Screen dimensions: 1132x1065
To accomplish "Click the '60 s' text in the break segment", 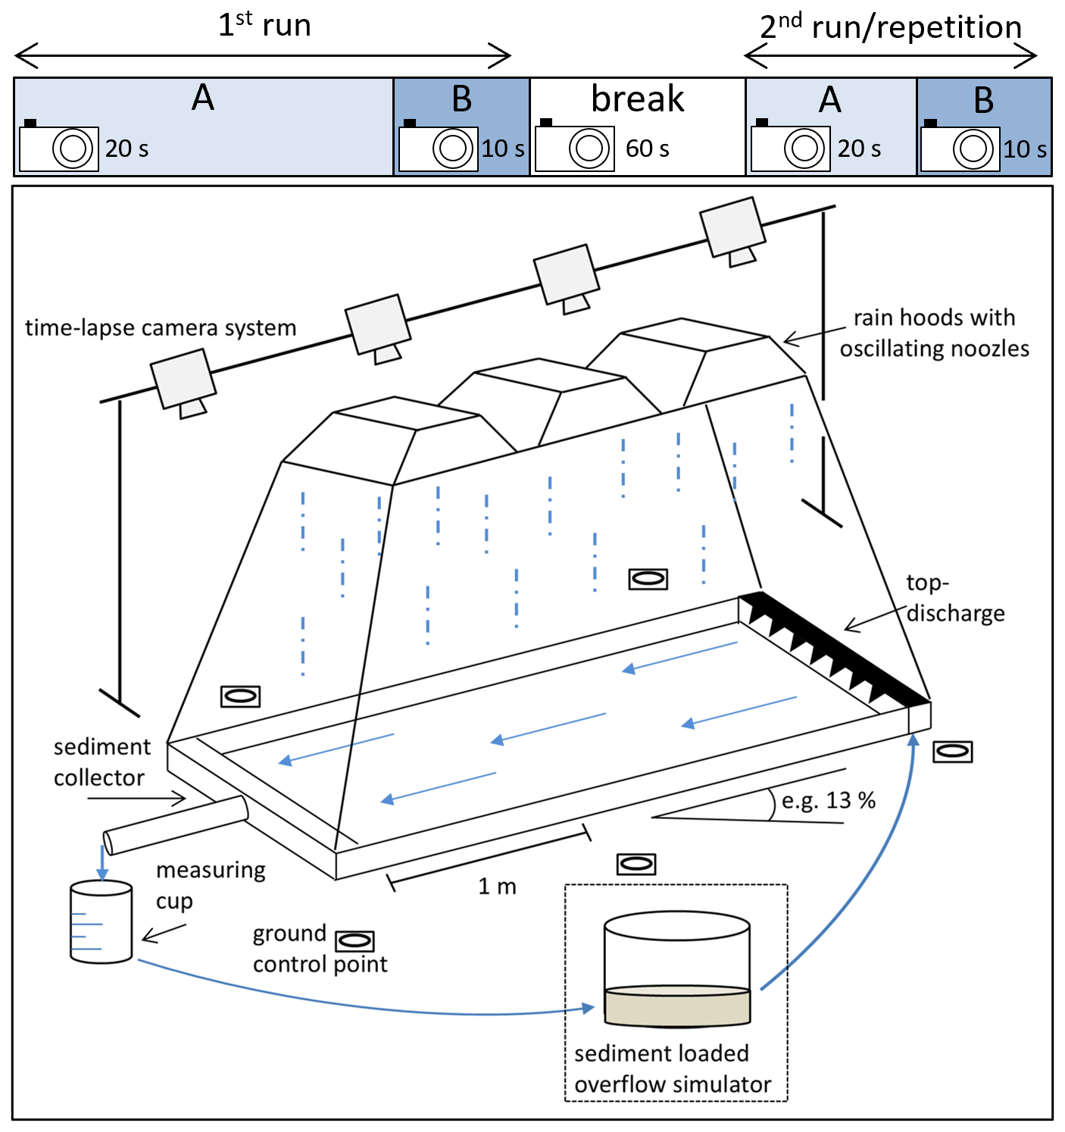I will tap(647, 149).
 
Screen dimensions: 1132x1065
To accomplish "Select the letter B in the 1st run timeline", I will tap(461, 99).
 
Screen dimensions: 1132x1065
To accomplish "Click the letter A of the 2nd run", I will tap(830, 99).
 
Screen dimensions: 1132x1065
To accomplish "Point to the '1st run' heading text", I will tap(264, 25).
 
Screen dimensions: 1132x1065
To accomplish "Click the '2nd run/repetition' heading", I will tap(891, 27).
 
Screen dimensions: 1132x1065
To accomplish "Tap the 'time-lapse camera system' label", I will tap(161, 327).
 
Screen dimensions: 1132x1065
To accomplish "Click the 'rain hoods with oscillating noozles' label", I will tap(934, 333).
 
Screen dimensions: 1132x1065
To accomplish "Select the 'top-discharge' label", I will tap(955, 598).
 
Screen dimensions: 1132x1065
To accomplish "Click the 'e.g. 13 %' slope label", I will tap(829, 800).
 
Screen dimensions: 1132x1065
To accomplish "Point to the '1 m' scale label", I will tap(497, 887).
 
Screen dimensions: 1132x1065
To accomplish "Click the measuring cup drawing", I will tap(101, 921).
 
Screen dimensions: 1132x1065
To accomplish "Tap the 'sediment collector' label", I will tap(101, 762).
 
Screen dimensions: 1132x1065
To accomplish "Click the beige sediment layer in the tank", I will tap(677, 1006).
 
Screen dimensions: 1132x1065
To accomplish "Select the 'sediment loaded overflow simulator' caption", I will tap(672, 1069).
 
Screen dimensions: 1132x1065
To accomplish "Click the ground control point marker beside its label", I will tap(354, 941).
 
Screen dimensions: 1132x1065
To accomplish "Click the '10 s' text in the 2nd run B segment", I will tap(1025, 149).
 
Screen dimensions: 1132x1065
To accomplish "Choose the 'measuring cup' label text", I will tap(210, 885).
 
